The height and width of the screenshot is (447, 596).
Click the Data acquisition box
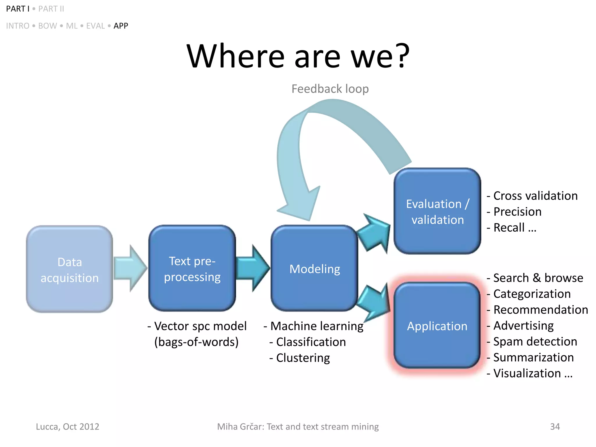[x=70, y=269]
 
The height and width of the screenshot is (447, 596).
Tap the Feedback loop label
[x=330, y=89]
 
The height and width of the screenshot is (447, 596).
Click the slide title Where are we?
[x=298, y=56]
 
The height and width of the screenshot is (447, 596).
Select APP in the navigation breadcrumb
[x=121, y=26]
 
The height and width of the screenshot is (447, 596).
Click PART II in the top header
[x=51, y=9]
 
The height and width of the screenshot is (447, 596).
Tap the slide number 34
[x=555, y=427]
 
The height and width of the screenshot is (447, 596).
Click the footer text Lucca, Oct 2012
[x=68, y=427]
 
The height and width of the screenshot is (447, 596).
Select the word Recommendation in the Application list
[x=541, y=310]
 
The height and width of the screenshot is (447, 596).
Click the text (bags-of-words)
[x=196, y=342]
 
